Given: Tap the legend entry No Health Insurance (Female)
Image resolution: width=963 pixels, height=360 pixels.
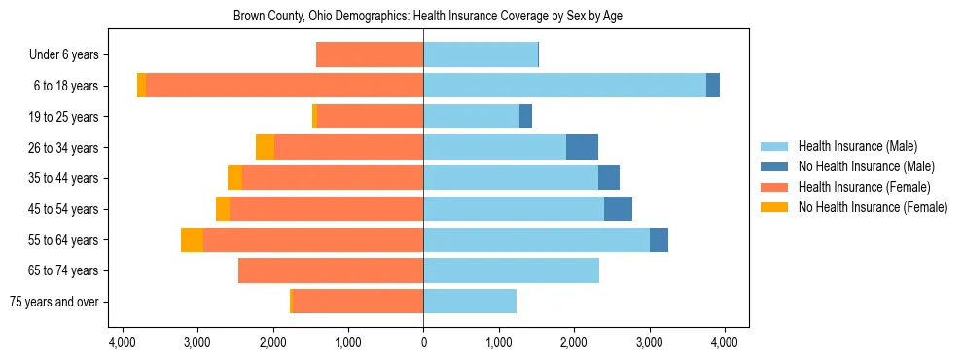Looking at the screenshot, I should coord(873,207).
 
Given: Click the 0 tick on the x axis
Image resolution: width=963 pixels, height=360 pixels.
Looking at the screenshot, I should coord(423,342).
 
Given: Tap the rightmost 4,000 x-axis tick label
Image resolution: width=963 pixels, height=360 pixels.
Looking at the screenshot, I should coord(724,342).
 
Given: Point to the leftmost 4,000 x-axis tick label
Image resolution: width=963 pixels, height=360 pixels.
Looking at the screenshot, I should coord(123,342).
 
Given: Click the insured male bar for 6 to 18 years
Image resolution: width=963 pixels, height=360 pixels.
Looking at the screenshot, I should coord(564,86).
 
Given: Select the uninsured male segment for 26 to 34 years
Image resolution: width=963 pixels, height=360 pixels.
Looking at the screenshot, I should coord(582,147).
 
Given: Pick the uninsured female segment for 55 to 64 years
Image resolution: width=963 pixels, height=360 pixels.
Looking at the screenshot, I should coord(192,239).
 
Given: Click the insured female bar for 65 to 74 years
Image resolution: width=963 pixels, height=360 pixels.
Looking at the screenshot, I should coord(331,270).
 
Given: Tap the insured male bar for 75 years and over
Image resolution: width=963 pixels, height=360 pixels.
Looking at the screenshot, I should coord(470,302).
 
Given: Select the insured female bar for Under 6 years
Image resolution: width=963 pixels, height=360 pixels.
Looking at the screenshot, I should coord(370,55).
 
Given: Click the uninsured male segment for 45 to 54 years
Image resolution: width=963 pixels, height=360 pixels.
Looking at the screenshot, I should coord(618,209).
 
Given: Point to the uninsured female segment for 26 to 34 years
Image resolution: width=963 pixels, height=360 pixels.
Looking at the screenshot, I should coord(265,147).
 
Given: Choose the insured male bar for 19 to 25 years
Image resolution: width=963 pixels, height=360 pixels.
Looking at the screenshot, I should coord(471,117).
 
